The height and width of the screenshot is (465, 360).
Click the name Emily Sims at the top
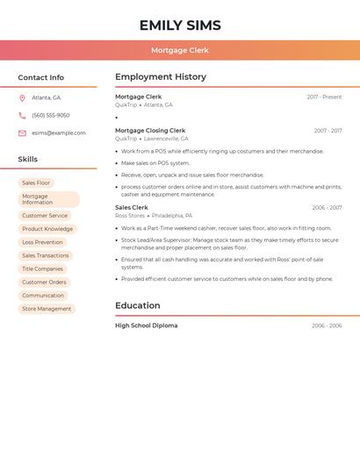[x=180, y=25]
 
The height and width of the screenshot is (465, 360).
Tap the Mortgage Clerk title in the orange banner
[x=180, y=51]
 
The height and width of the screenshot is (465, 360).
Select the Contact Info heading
[x=41, y=77]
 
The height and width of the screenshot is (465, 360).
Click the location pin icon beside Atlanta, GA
[x=22, y=98]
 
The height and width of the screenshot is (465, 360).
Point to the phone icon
[x=22, y=116]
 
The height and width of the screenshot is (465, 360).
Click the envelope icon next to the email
[x=22, y=133]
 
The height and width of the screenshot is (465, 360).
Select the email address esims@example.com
[x=59, y=133]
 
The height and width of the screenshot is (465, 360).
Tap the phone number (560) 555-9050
[x=51, y=116]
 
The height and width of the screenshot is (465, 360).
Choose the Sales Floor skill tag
[x=36, y=183]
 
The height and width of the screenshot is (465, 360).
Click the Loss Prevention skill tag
[x=42, y=242]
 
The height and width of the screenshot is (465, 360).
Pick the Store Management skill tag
[x=47, y=309]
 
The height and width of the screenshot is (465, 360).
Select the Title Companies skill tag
[x=42, y=268]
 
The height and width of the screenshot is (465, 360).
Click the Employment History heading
[x=161, y=77]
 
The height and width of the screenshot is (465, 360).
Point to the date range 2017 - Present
[x=324, y=97]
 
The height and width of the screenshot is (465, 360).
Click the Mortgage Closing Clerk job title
[x=150, y=131]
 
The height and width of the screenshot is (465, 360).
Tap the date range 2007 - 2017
[x=328, y=131]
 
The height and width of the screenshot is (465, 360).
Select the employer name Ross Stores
[x=130, y=215]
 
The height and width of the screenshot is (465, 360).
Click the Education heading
[x=138, y=306]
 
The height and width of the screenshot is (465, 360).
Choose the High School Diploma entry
[x=146, y=325]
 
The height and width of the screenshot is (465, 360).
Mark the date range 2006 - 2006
[x=327, y=325]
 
